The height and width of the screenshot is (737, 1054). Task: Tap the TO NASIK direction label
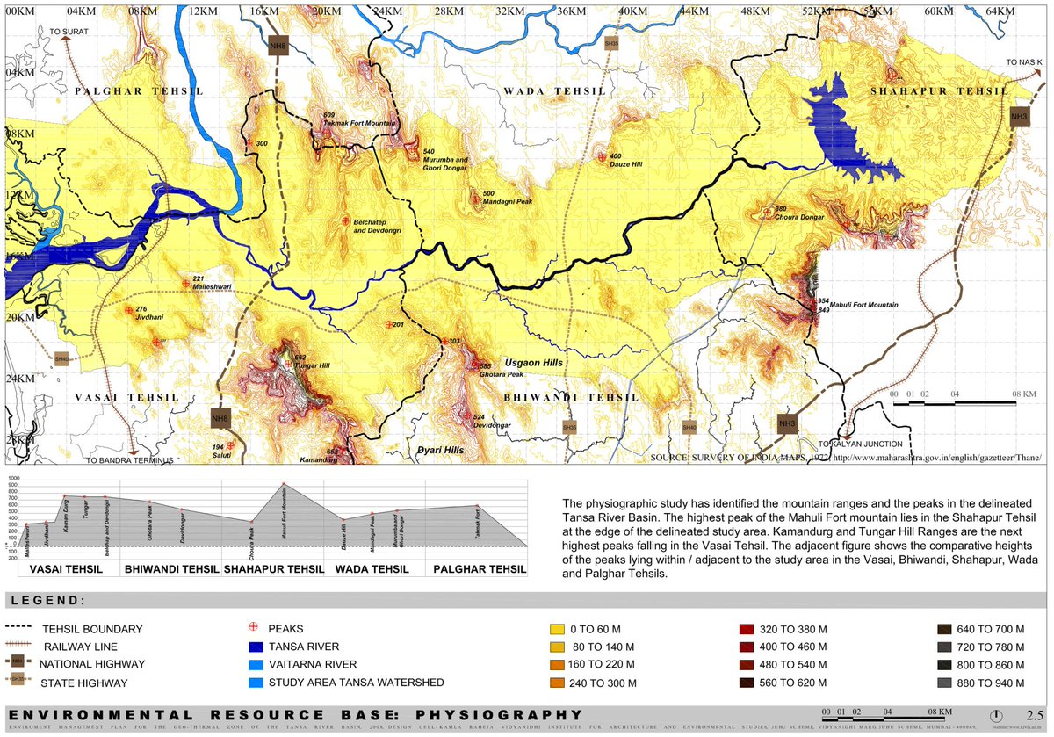[x=1024, y=62]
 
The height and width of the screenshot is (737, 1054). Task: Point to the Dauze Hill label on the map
[x=626, y=163]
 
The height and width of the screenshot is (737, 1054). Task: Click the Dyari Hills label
[x=441, y=449]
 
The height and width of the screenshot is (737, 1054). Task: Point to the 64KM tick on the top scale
[x=1000, y=11]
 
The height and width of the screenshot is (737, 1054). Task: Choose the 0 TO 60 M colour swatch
[x=555, y=629]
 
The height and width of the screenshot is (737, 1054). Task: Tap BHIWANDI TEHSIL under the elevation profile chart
[x=171, y=569]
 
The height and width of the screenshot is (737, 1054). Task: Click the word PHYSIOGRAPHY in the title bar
[x=498, y=715]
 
